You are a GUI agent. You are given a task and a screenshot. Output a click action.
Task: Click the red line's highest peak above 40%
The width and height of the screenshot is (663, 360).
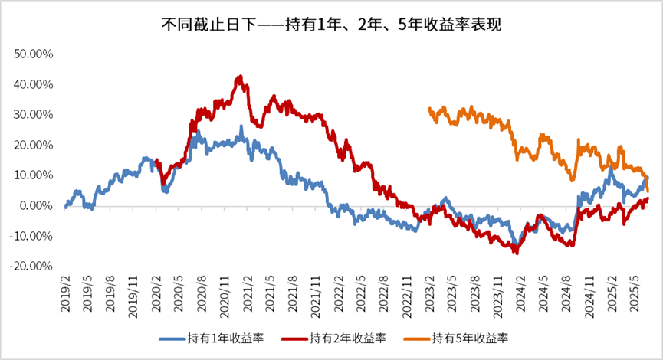click(x=241, y=77)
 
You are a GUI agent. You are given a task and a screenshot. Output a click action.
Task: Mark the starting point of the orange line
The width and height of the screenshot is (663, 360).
click(x=429, y=109)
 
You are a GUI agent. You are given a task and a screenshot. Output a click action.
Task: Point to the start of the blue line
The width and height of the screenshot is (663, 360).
click(x=66, y=207)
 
